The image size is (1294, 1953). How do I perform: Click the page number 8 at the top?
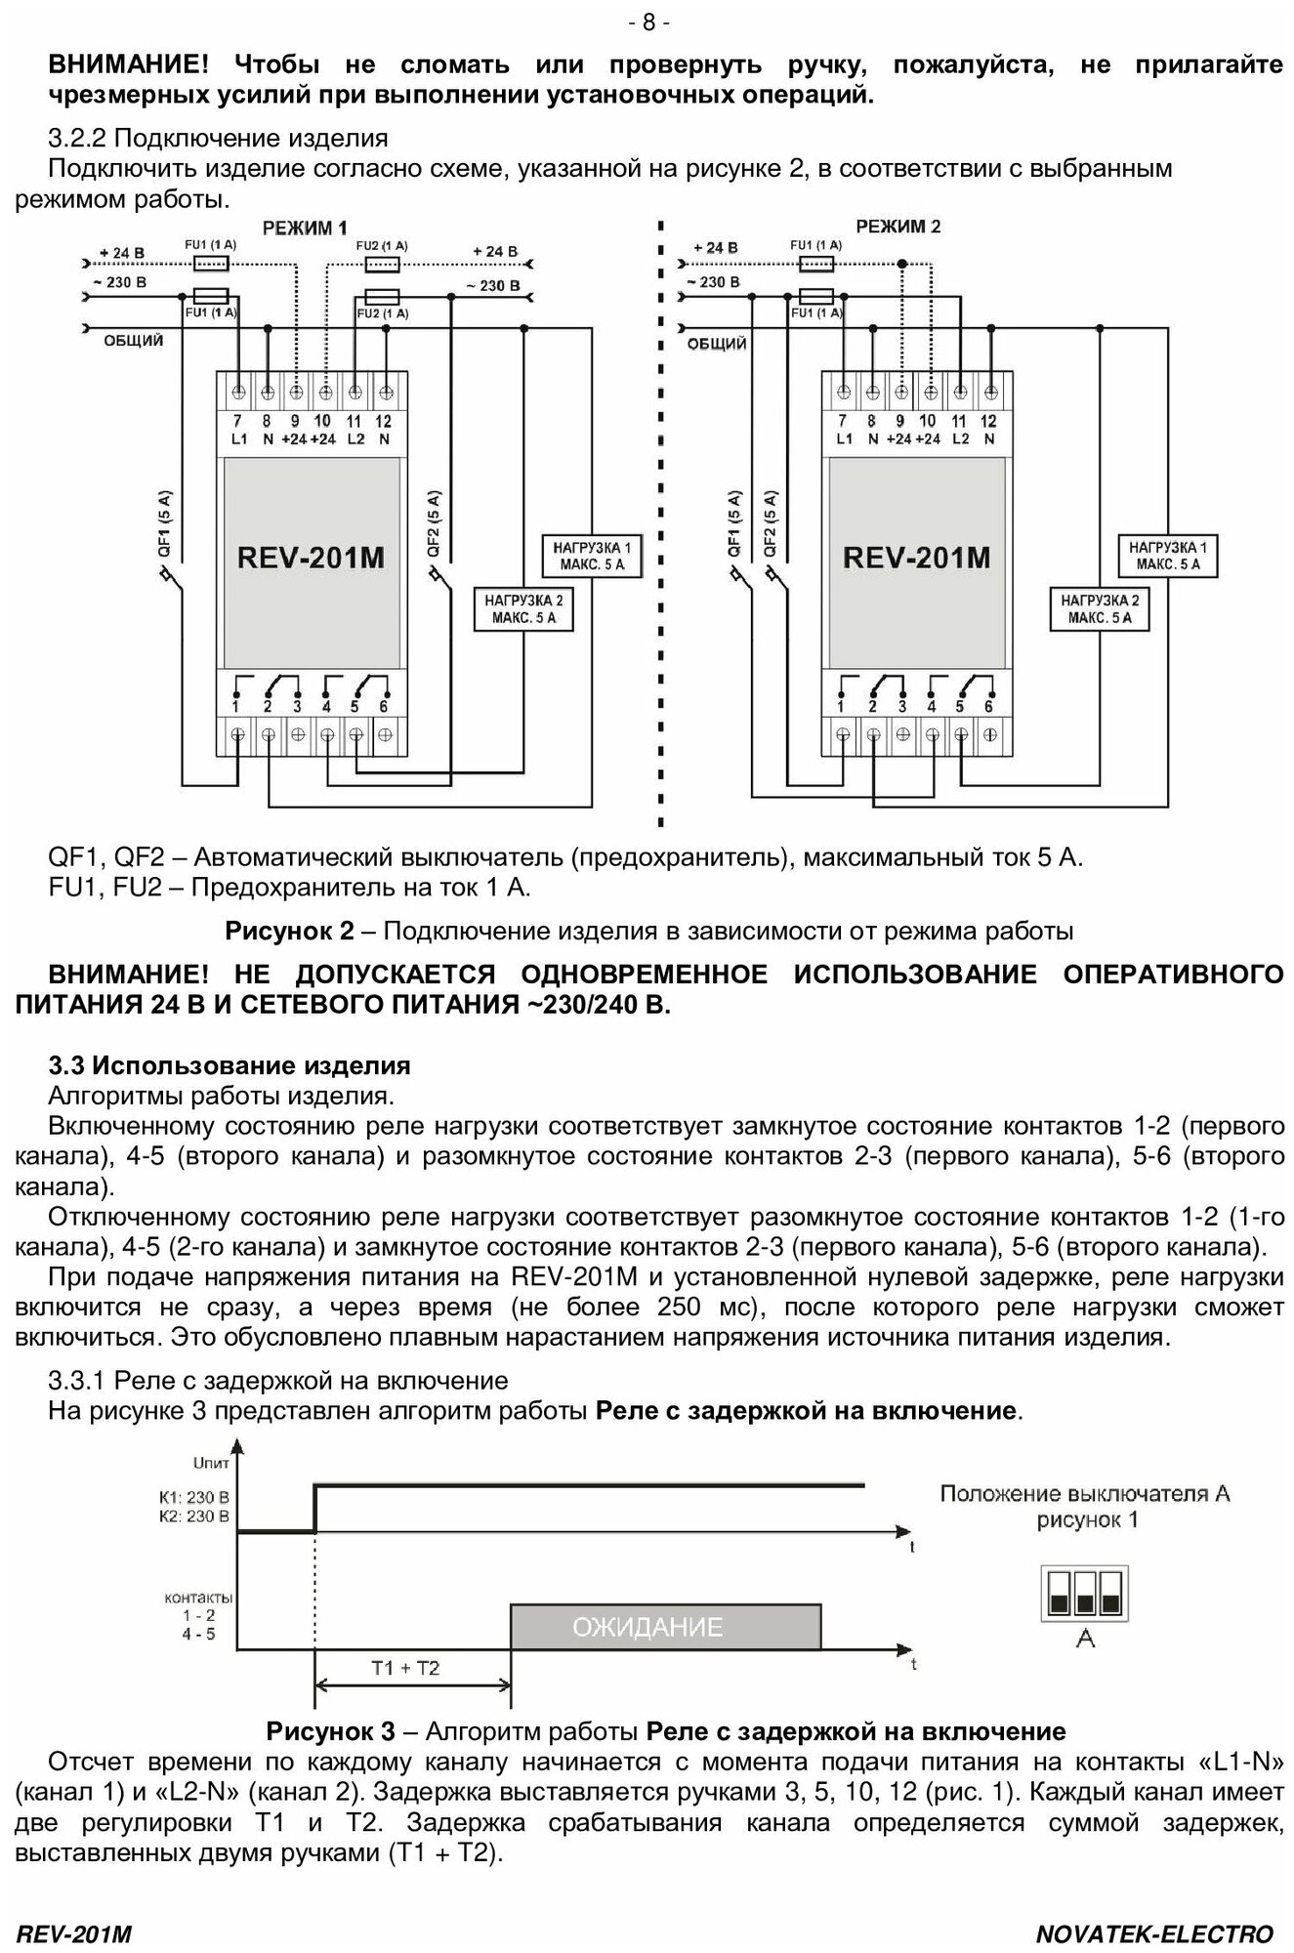pyautogui.click(x=648, y=22)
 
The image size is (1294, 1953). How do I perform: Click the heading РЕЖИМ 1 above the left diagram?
pyautogui.click(x=305, y=229)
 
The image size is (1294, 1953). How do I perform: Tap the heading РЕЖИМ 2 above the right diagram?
pyautogui.click(x=898, y=227)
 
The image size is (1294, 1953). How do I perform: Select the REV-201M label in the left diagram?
pyautogui.click(x=311, y=558)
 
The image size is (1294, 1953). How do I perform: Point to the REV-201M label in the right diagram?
pyautogui.click(x=916, y=558)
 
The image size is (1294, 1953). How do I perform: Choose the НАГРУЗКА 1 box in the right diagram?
pyautogui.click(x=1168, y=557)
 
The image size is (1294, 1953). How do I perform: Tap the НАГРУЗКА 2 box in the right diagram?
pyautogui.click(x=1100, y=608)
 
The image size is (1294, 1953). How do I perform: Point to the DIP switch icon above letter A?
pyautogui.click(x=1085, y=1593)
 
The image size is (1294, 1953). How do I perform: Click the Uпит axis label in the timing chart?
pyautogui.click(x=211, y=1463)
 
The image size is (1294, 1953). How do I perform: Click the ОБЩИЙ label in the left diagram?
pyautogui.click(x=134, y=341)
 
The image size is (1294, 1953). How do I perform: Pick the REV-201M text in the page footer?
pyautogui.click(x=74, y=1934)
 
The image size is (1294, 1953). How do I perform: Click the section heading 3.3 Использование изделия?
pyautogui.click(x=230, y=1064)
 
